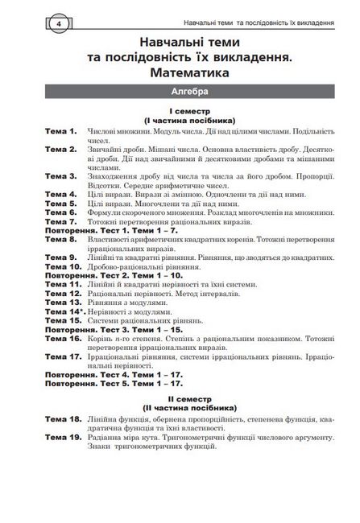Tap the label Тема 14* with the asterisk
[65, 311]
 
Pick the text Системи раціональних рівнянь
[140, 320]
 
